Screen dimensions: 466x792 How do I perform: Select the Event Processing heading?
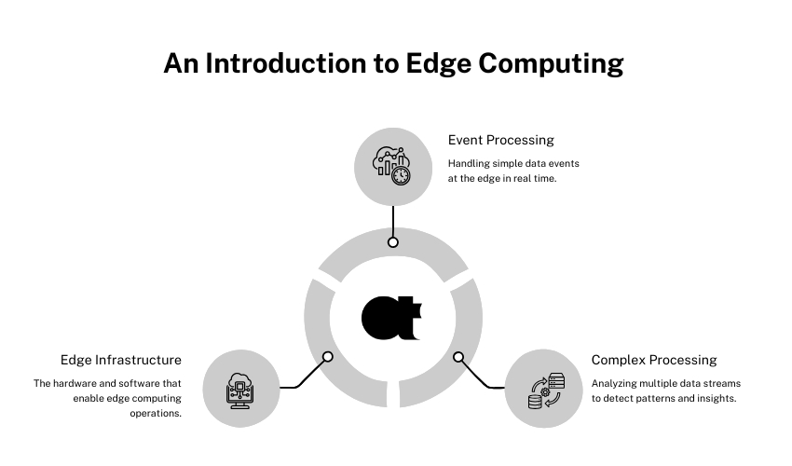(500, 140)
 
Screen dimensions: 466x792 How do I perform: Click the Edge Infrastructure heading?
(121, 360)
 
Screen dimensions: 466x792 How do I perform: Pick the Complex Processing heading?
(654, 360)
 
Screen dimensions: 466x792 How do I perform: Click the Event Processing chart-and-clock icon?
(392, 166)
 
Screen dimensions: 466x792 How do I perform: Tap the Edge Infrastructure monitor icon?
(241, 389)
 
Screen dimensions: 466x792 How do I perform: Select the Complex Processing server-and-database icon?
(545, 390)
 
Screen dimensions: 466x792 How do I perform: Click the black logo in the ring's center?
(392, 317)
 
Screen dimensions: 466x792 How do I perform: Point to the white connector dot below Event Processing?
(393, 242)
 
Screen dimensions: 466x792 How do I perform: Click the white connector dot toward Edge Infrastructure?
(327, 356)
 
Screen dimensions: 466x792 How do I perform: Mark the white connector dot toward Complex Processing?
(458, 356)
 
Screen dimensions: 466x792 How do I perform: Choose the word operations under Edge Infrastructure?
(156, 413)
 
